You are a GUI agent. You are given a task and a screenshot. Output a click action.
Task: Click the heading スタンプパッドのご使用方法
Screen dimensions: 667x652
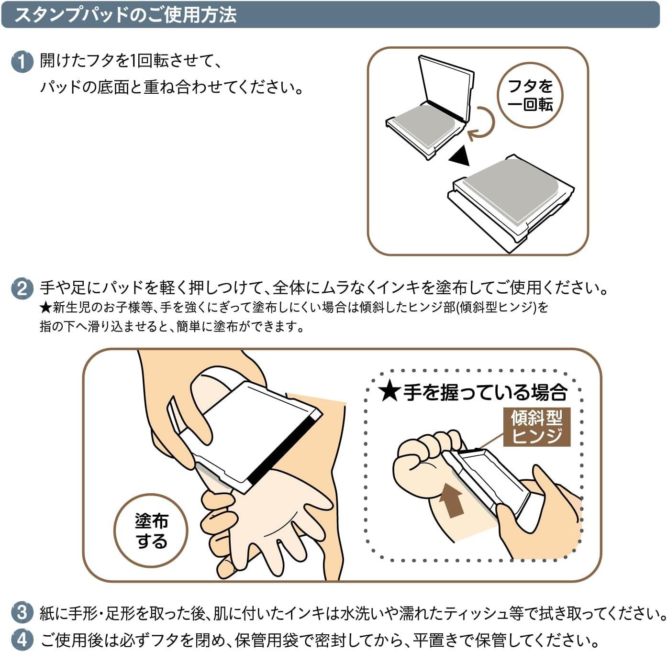click(x=125, y=15)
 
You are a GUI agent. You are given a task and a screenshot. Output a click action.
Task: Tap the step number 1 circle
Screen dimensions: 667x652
click(x=22, y=62)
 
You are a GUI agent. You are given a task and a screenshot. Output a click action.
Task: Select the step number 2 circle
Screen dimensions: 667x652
click(x=22, y=289)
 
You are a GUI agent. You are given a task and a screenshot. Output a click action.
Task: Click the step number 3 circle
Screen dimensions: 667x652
click(x=22, y=612)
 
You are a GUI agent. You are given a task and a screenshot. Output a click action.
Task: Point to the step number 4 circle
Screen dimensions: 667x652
click(x=22, y=639)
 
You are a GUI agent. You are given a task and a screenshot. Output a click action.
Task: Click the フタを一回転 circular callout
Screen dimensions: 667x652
click(x=530, y=95)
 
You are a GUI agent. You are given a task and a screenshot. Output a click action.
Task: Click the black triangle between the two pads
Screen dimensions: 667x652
click(x=459, y=155)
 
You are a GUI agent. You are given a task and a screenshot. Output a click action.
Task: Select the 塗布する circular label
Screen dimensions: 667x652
click(x=151, y=530)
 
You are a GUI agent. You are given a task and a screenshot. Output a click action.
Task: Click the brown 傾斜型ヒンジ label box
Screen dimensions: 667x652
click(x=537, y=427)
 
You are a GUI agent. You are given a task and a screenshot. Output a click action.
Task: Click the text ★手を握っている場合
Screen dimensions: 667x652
click(x=473, y=392)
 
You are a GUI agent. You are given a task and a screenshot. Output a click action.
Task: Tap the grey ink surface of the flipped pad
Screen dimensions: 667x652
click(x=511, y=191)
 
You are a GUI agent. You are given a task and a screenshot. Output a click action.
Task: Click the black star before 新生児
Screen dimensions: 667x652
click(x=45, y=307)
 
